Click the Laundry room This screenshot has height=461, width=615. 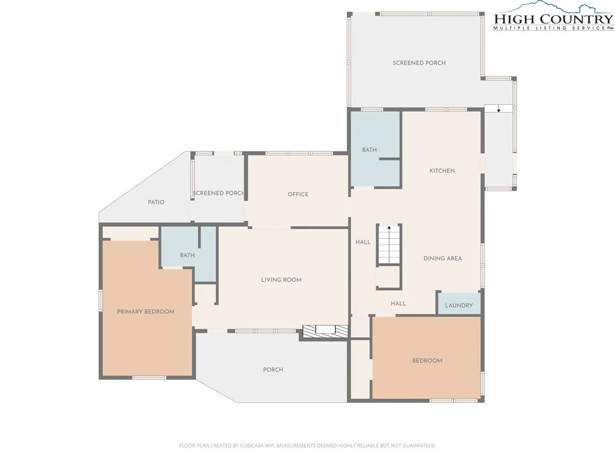click(458, 303)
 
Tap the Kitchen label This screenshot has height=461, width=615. click(442, 170)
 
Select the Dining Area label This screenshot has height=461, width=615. click(443, 258)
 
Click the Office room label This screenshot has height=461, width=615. click(298, 194)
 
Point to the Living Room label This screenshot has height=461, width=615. click(281, 280)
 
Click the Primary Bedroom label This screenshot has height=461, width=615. click(145, 312)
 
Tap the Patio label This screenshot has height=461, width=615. click(156, 202)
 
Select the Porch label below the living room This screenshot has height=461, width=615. click(273, 369)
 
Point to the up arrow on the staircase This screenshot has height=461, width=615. click(389, 227)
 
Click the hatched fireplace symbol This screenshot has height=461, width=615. click(325, 331)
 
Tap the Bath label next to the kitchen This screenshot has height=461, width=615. click(369, 149)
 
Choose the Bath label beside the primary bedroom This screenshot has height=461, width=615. click(187, 255)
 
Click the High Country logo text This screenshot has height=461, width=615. click(553, 19)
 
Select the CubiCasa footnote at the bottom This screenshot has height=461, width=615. click(307, 445)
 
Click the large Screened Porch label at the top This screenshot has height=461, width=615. click(419, 62)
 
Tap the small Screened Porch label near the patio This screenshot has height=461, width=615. click(219, 193)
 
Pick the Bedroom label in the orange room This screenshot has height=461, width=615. click(427, 361)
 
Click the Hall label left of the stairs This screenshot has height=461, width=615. click(363, 242)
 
